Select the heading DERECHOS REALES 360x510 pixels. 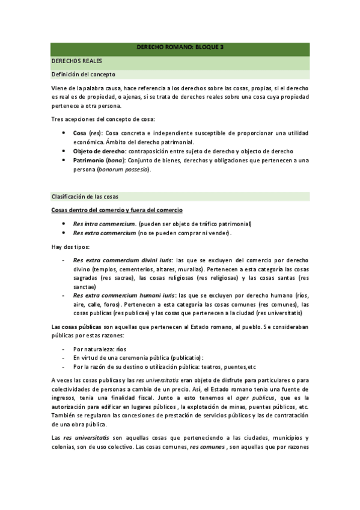click(77, 61)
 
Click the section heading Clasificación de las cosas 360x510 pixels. click(85, 197)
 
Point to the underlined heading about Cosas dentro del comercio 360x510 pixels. click(117, 210)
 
